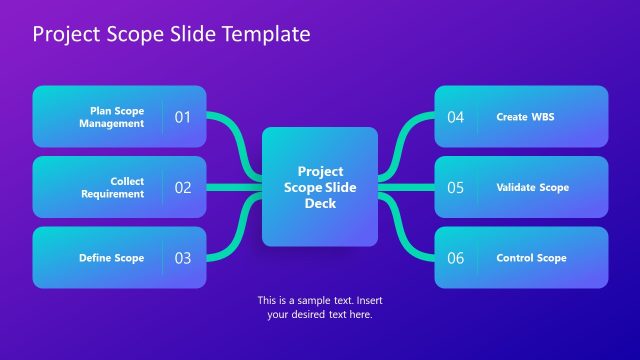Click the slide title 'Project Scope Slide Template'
171,35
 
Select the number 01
183,117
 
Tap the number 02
183,187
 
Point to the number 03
183,258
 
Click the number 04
456,117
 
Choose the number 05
456,187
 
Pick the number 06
456,258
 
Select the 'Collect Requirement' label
112,187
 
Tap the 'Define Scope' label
111,258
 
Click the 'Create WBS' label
525,117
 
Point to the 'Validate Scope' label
532,187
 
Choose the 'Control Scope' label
531,258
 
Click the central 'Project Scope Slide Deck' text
320,187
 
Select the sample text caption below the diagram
320,307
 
